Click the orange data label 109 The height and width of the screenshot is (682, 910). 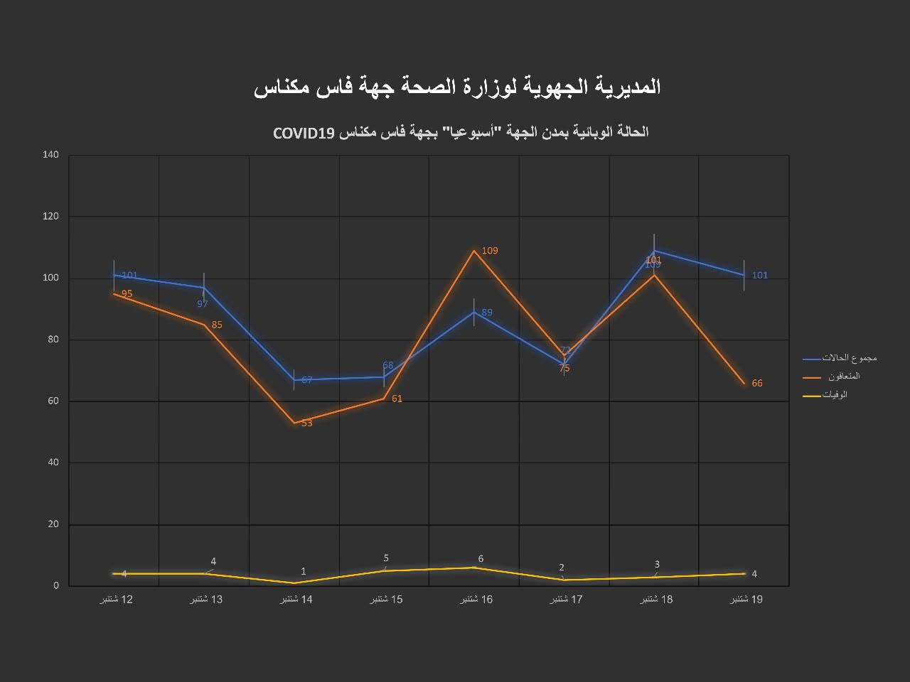pyautogui.click(x=490, y=251)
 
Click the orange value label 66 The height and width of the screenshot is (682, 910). pyautogui.click(x=756, y=384)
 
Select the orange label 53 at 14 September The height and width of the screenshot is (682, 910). pyautogui.click(x=306, y=423)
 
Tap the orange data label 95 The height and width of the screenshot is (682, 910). pyautogui.click(x=127, y=293)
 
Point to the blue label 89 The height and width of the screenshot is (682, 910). pyautogui.click(x=486, y=313)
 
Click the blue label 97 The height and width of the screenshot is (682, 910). pyautogui.click(x=203, y=304)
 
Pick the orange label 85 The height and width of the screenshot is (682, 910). pyautogui.click(x=217, y=325)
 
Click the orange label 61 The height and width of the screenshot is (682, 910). pyautogui.click(x=397, y=399)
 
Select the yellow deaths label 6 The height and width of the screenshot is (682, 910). pyautogui.click(x=481, y=559)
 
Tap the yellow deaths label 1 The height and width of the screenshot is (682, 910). pyautogui.click(x=304, y=572)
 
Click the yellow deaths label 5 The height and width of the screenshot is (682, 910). pyautogui.click(x=386, y=558)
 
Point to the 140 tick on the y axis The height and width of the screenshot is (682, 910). pyautogui.click(x=50, y=155)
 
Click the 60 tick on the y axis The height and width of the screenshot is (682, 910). pyautogui.click(x=53, y=401)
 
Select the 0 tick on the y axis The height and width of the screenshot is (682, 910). pyautogui.click(x=55, y=586)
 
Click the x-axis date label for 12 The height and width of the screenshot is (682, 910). pyautogui.click(x=117, y=600)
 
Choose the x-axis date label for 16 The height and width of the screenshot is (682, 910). pyautogui.click(x=476, y=600)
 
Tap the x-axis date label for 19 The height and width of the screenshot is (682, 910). pyautogui.click(x=746, y=600)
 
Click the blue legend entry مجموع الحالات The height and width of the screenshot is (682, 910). pyautogui.click(x=849, y=358)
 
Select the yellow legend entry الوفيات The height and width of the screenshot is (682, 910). pyautogui.click(x=835, y=395)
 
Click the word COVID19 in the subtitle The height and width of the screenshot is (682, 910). pyautogui.click(x=304, y=133)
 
